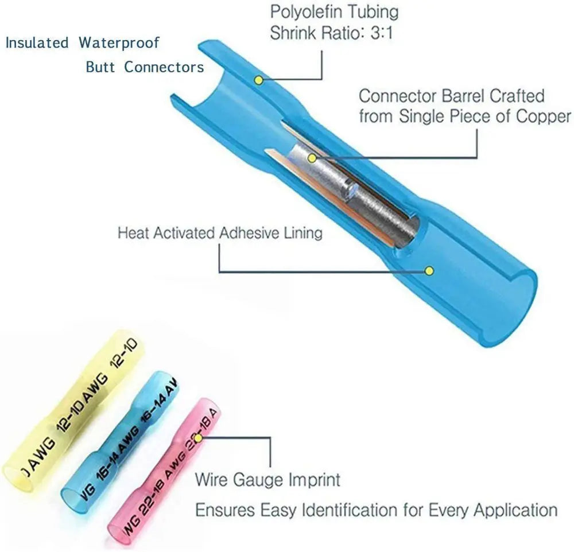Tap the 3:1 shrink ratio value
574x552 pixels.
[x=382, y=33]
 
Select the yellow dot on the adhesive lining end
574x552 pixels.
[x=428, y=270]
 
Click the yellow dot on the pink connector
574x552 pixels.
[x=198, y=439]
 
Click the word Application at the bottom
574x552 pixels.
[x=520, y=510]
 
